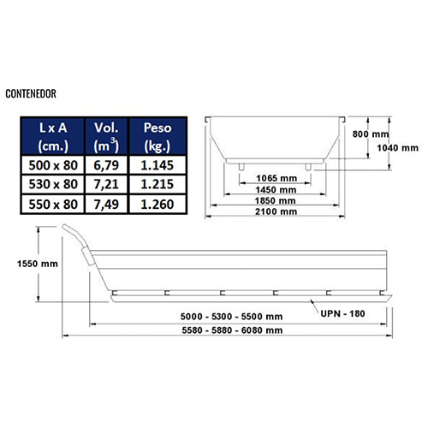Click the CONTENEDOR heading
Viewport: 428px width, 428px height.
[x=31, y=93]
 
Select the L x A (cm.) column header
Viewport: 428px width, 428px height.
[x=53, y=137]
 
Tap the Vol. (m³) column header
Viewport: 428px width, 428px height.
[x=106, y=137]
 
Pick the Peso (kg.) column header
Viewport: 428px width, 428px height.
[x=158, y=137]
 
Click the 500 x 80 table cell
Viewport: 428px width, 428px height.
[x=53, y=165]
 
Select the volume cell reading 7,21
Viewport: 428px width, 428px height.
[x=106, y=184]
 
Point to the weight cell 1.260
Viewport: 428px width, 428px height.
[x=158, y=205]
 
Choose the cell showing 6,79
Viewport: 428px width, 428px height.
[x=106, y=165]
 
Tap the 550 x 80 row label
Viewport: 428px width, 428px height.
[x=53, y=205]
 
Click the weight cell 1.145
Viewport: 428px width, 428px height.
[x=158, y=165]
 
